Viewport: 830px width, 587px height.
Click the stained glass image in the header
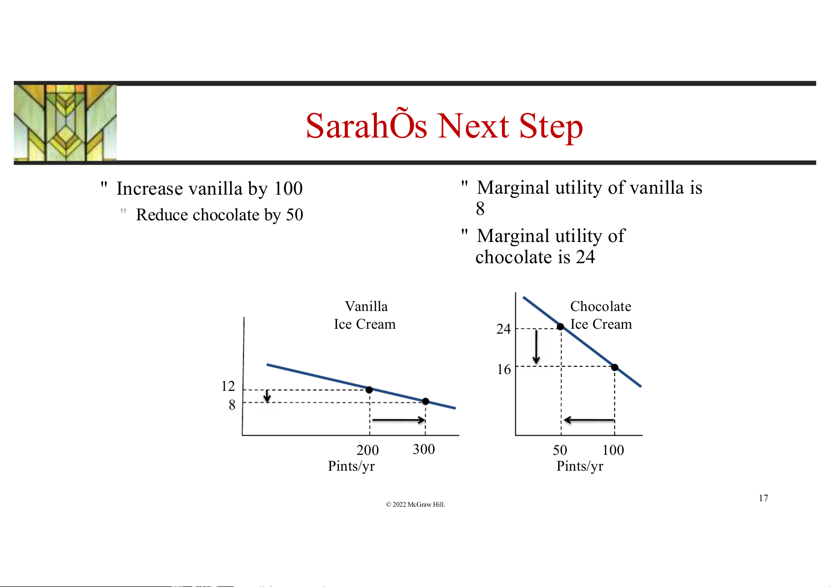point(65,123)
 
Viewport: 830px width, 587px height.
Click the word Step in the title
point(551,127)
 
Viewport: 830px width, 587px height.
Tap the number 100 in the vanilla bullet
point(288,188)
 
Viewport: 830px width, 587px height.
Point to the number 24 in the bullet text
point(586,257)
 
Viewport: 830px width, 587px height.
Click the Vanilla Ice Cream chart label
point(365,315)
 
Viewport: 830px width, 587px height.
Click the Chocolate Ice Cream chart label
point(600,315)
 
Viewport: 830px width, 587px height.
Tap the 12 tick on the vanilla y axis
point(228,386)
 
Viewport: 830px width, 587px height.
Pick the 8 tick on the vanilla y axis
point(232,405)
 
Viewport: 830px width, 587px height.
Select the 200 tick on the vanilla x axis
point(367,450)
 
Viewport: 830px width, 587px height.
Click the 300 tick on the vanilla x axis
point(424,449)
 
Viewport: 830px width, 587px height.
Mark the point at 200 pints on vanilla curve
point(369,390)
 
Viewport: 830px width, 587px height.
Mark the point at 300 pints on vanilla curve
point(426,401)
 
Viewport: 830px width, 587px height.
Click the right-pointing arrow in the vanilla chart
point(398,420)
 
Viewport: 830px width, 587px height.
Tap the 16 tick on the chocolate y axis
point(504,369)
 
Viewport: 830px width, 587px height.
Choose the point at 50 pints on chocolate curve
point(561,327)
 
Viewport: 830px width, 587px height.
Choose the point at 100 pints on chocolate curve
point(615,368)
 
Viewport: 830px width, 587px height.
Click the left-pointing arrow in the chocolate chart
point(589,420)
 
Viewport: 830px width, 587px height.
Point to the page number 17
point(764,498)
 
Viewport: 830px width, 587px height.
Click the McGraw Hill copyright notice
point(415,504)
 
